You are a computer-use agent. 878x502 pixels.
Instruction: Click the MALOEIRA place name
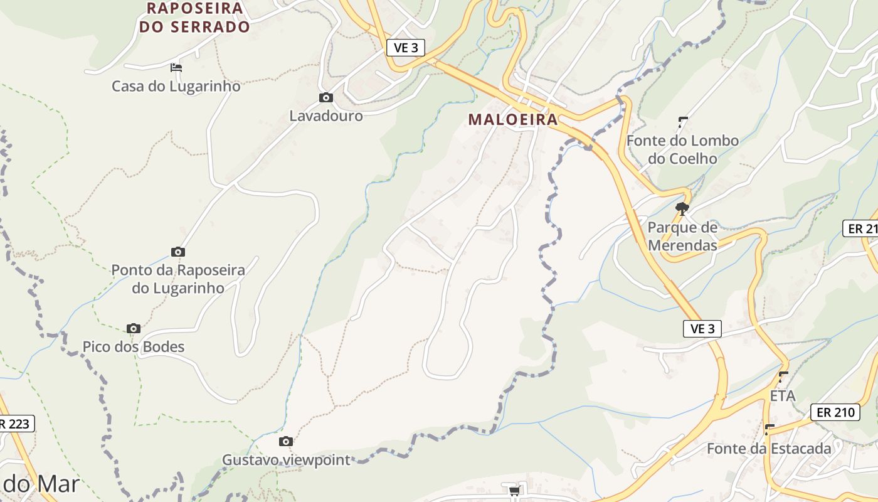512,120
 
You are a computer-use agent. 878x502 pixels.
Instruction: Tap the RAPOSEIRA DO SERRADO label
194,18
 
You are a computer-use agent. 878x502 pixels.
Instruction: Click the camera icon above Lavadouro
325,97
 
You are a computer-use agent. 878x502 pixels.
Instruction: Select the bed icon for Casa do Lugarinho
176,67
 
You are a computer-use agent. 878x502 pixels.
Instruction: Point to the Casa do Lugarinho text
176,86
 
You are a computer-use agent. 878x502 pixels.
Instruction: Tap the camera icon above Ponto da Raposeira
178,252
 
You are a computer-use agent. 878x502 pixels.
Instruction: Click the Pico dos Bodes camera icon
133,328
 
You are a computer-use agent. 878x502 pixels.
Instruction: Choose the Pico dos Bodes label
134,347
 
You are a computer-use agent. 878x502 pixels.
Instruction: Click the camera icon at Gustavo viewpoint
286,441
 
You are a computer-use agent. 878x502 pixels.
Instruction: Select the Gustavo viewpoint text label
286,460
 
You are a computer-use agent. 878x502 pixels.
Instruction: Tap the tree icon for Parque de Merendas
682,208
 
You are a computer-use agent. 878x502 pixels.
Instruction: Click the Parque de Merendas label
682,236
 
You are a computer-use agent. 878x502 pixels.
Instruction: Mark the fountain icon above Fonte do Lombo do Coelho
683,122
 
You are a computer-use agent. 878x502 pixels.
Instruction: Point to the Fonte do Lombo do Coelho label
682,149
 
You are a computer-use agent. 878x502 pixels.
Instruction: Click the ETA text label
782,396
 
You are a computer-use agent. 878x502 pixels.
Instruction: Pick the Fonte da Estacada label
769,449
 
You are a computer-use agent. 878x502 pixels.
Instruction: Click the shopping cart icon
514,491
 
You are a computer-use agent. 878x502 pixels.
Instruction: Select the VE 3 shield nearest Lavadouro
406,48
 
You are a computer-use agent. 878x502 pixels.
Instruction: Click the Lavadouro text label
325,116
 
